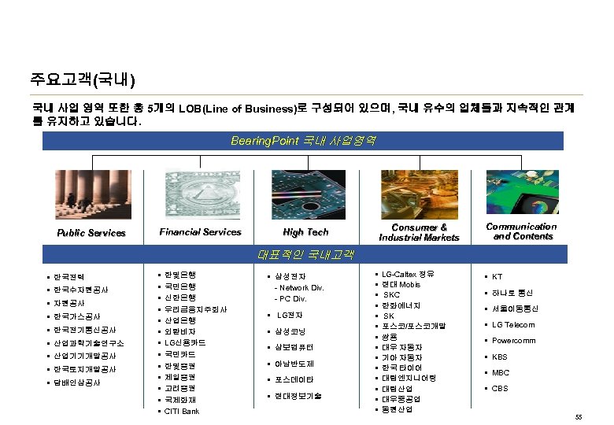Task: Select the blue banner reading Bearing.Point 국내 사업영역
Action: click(303, 141)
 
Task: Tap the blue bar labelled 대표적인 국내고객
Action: click(303, 255)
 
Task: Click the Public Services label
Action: click(91, 233)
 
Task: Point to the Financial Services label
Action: click(200, 232)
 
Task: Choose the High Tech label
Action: click(305, 232)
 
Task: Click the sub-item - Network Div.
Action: click(298, 288)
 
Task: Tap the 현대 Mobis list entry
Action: click(401, 284)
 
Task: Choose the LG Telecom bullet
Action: click(512, 325)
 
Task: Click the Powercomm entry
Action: click(513, 341)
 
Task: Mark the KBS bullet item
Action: click(500, 357)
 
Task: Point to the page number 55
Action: click(579, 416)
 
